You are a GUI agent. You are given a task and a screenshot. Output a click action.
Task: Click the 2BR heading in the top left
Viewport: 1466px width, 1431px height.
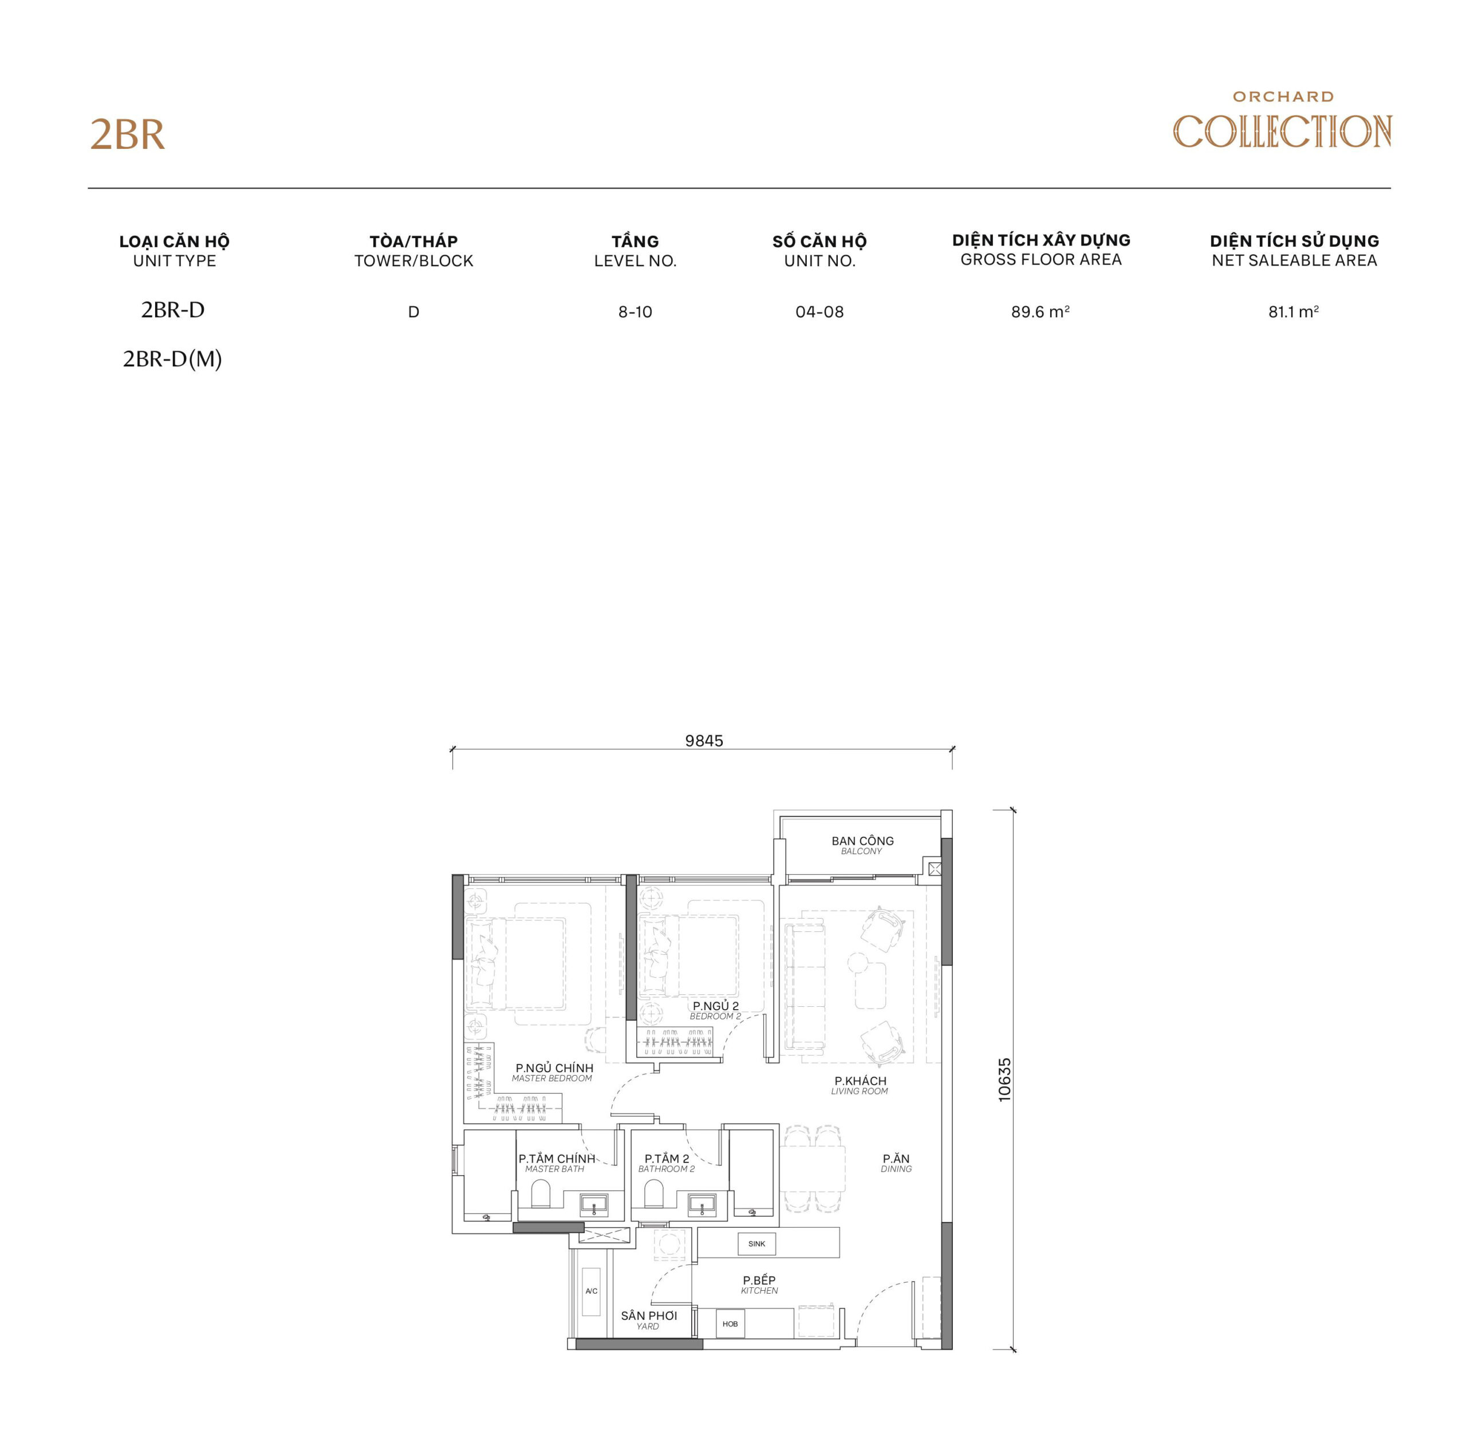coord(127,135)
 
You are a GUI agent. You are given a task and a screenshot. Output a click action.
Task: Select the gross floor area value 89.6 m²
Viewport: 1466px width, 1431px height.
coord(1040,312)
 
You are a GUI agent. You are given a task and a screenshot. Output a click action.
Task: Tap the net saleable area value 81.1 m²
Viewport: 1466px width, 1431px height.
coord(1293,312)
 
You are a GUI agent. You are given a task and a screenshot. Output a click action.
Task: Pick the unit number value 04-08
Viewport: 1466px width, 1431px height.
coord(819,312)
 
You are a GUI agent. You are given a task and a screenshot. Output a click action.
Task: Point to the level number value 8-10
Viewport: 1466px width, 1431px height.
coord(635,312)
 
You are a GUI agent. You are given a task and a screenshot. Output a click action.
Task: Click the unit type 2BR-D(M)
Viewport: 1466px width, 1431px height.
coord(172,359)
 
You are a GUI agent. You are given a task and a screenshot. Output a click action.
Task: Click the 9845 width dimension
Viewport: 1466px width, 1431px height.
coord(704,741)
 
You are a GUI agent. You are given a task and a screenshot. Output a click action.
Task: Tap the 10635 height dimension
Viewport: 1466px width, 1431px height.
coord(1004,1080)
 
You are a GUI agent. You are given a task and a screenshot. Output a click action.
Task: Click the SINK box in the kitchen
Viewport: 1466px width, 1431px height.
coord(756,1244)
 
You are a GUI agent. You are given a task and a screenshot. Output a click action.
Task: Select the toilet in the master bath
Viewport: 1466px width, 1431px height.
coord(541,1193)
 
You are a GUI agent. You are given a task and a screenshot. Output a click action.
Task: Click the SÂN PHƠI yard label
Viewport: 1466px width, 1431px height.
coord(648,1316)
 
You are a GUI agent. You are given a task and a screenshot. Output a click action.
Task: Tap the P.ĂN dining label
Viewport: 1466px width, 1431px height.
coord(896,1160)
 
